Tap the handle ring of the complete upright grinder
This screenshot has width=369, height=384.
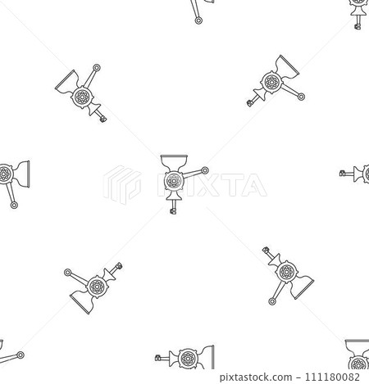(204, 171)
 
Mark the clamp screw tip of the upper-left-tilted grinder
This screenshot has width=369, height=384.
(103, 120)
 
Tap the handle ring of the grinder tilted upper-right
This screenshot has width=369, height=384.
(303, 97)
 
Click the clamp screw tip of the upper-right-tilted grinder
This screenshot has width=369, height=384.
(248, 103)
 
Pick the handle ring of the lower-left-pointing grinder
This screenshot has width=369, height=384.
(66, 271)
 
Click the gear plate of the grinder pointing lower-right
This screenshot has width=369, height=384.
(285, 270)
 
